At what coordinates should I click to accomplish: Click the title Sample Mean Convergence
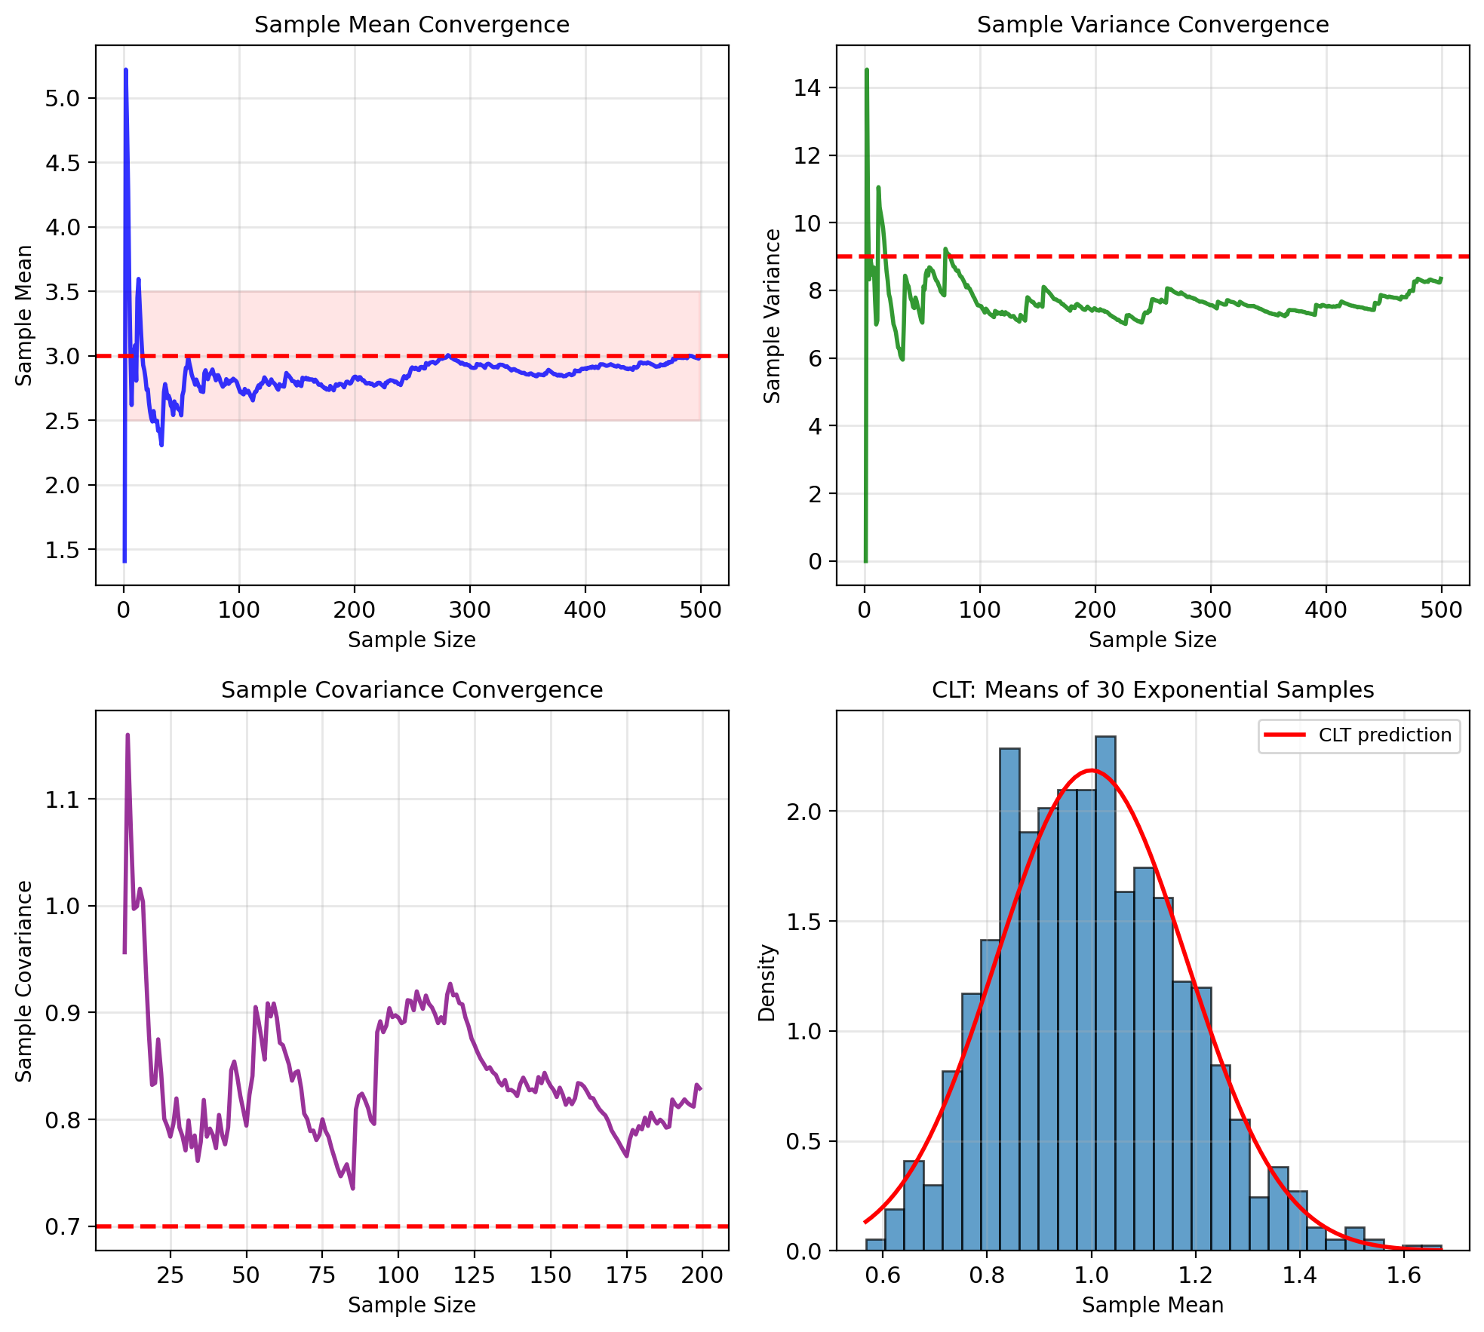click(411, 25)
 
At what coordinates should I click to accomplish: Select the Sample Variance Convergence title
click(1152, 25)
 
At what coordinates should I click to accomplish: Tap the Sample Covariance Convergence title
click(411, 690)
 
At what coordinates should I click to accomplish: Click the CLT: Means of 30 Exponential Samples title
click(1152, 690)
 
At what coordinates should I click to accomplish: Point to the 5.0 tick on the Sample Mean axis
click(63, 98)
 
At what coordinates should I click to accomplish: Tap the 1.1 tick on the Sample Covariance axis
click(63, 799)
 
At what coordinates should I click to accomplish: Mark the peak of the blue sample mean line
click(125, 70)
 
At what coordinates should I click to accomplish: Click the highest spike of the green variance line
click(867, 70)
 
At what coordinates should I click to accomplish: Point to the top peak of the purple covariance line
click(128, 735)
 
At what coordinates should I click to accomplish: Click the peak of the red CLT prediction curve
click(1092, 770)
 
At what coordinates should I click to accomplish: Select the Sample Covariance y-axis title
click(24, 981)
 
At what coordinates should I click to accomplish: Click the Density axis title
click(767, 982)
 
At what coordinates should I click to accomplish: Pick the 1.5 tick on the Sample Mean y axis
click(63, 550)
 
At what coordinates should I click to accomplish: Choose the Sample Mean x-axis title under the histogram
click(1152, 1305)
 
